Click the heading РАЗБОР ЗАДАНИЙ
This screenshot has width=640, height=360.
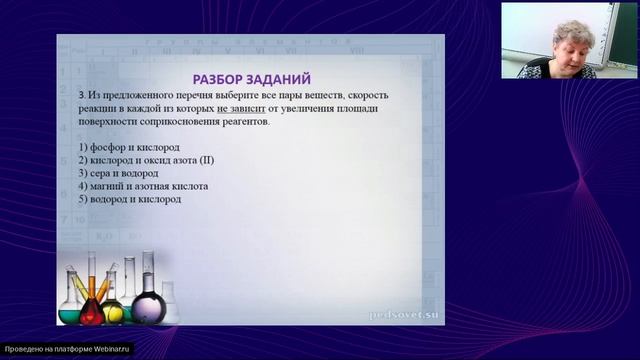pos(251,78)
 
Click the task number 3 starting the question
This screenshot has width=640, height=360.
pos(64,94)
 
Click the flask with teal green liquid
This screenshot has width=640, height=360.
pos(71,310)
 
